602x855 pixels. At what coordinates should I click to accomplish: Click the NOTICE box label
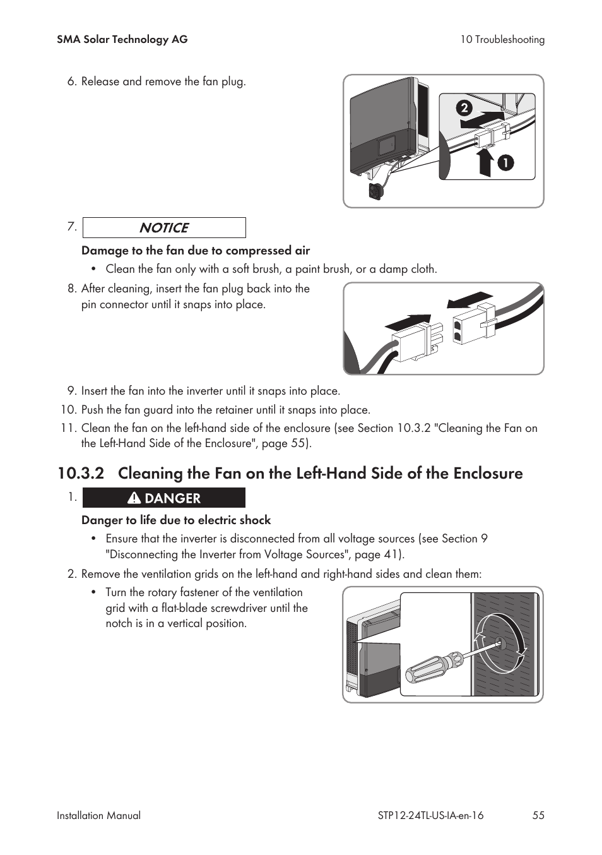164,228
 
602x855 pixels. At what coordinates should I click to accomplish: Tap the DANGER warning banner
164,498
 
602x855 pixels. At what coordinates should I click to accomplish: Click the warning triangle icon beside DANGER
134,498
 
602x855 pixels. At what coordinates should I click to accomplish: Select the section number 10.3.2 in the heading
81,474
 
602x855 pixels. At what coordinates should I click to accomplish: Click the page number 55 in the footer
538,815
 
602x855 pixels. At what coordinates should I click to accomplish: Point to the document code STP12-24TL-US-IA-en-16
431,815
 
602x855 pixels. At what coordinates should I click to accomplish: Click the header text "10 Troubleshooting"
502,40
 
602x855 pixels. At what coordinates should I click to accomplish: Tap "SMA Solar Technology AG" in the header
122,39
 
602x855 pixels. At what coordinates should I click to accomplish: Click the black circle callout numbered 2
464,109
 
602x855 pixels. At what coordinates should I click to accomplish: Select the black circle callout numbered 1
505,164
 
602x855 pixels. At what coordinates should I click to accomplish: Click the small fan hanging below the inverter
377,190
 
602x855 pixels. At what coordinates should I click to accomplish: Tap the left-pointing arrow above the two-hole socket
469,300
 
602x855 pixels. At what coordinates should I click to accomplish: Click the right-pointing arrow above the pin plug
408,322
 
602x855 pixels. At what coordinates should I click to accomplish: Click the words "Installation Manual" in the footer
99,815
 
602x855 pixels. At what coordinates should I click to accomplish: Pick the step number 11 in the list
69,428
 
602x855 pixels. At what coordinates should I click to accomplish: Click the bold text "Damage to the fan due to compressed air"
196,251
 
